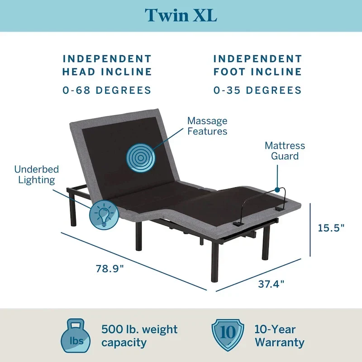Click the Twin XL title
(181, 15)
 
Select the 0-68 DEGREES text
(107, 90)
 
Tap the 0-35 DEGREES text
(257, 90)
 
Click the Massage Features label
(207, 126)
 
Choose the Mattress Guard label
(285, 151)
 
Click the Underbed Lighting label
(37, 175)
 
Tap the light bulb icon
(104, 214)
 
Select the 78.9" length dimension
(109, 268)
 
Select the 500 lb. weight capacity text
(139, 336)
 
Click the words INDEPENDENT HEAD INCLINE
(107, 65)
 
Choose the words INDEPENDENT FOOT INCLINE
(257, 65)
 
